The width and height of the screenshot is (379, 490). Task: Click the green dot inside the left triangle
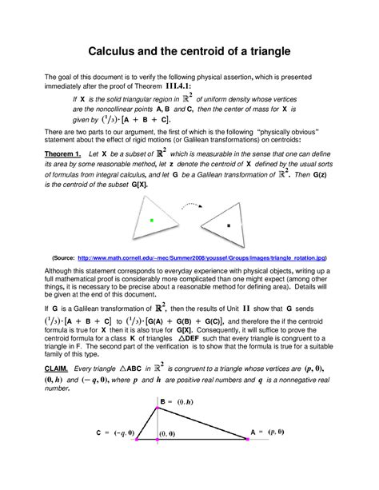pyautogui.click(x=151, y=219)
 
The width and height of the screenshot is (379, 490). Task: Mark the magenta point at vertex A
pyautogui.click(x=247, y=439)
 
